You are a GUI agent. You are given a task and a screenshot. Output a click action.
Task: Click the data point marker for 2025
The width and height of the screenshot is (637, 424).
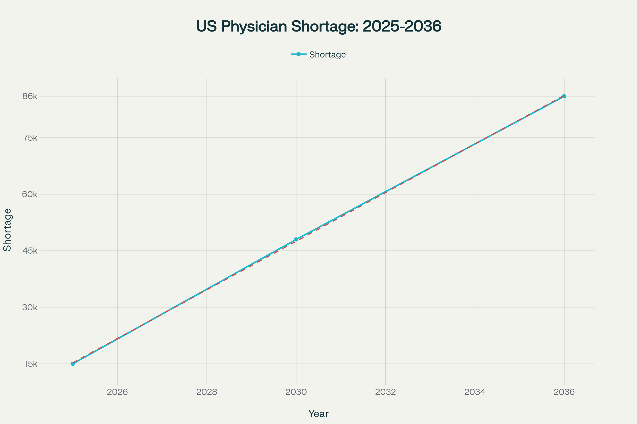pyautogui.click(x=72, y=364)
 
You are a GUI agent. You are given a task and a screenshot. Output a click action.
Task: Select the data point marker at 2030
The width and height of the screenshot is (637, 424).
pyautogui.click(x=296, y=240)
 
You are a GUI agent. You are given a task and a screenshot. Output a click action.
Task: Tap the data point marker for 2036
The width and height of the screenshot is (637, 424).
pyautogui.click(x=564, y=96)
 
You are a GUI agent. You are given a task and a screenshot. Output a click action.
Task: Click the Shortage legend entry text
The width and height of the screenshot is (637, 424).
pyautogui.click(x=327, y=55)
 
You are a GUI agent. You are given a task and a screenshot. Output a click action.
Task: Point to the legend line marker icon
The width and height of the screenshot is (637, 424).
pyautogui.click(x=298, y=54)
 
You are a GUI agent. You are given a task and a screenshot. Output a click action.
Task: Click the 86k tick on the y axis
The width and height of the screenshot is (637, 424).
pyautogui.click(x=30, y=96)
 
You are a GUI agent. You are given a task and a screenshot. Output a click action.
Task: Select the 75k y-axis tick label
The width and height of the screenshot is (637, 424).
pyautogui.click(x=30, y=138)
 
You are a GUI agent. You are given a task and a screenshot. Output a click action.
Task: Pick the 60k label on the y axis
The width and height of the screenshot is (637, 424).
pyautogui.click(x=30, y=195)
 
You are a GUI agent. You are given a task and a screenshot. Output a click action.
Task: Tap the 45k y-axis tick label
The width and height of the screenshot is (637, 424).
pyautogui.click(x=30, y=251)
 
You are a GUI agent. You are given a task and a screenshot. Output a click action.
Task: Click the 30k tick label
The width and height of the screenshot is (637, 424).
pyautogui.click(x=30, y=307)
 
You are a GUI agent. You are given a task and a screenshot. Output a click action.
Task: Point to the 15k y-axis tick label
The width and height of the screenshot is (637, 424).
pyautogui.click(x=31, y=364)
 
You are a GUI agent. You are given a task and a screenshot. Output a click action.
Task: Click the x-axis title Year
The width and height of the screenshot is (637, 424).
pyautogui.click(x=318, y=414)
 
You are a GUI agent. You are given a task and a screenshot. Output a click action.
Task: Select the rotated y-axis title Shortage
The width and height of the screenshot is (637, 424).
pyautogui.click(x=7, y=230)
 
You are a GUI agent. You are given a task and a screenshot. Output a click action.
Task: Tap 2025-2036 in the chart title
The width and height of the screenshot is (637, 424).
pyautogui.click(x=402, y=26)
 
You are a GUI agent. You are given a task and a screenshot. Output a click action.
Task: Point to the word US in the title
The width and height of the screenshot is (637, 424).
pyautogui.click(x=206, y=26)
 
